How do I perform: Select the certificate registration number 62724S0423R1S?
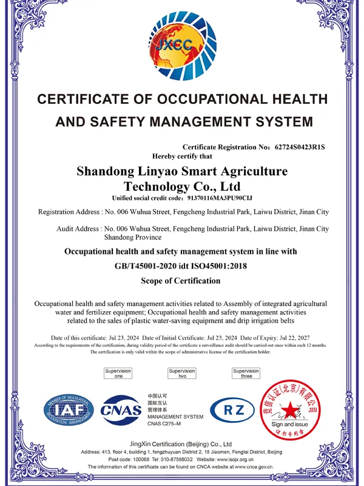[300, 147]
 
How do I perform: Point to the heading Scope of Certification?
[181, 281]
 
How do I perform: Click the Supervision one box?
[118, 374]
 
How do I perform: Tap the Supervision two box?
[182, 374]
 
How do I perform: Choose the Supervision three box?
[246, 374]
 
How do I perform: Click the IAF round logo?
[68, 409]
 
